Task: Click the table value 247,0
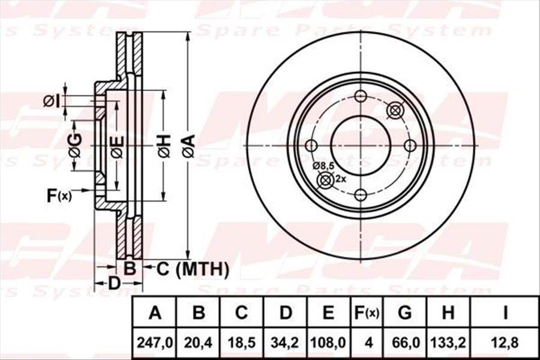(x=155, y=343)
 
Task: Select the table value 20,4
(x=199, y=343)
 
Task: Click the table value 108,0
(x=328, y=343)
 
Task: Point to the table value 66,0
(x=405, y=343)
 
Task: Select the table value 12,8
(x=505, y=343)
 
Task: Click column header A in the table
(x=155, y=313)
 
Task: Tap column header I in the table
(x=505, y=313)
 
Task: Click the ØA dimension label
(x=188, y=146)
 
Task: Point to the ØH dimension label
(x=164, y=146)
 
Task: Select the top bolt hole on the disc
(x=361, y=97)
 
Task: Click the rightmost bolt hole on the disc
(x=410, y=145)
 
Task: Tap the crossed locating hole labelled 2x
(x=325, y=179)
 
